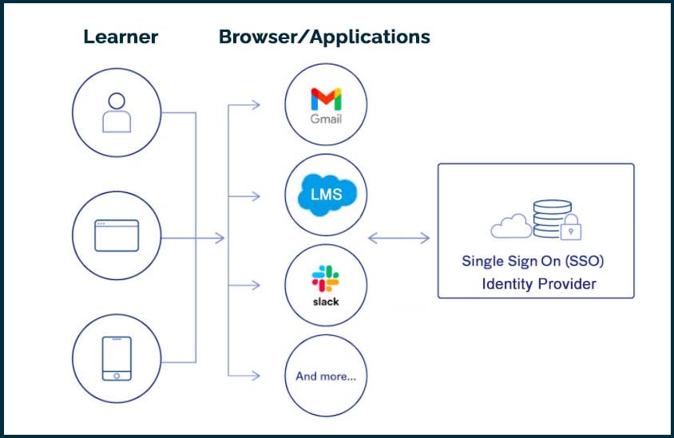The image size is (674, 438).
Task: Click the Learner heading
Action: tap(121, 37)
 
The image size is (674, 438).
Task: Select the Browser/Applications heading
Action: tap(324, 37)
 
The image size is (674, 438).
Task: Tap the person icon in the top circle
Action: tap(117, 112)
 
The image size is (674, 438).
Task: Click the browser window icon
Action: tap(117, 237)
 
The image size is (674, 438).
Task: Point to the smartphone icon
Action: tap(117, 358)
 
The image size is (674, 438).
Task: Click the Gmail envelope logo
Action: tap(326, 99)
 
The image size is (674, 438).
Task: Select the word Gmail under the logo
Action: tap(326, 119)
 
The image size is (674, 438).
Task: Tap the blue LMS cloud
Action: tap(326, 195)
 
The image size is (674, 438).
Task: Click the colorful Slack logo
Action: tap(326, 278)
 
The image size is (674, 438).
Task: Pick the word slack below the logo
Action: tap(326, 302)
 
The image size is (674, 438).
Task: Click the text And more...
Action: tap(326, 376)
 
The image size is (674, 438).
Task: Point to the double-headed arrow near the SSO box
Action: tap(398, 237)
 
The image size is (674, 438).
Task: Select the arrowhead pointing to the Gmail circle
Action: tap(256, 105)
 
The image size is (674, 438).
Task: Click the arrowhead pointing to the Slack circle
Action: tap(256, 285)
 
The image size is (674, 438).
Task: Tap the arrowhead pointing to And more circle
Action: tap(256, 375)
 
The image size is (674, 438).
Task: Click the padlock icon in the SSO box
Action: tap(570, 230)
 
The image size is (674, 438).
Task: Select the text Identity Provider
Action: tap(538, 284)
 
